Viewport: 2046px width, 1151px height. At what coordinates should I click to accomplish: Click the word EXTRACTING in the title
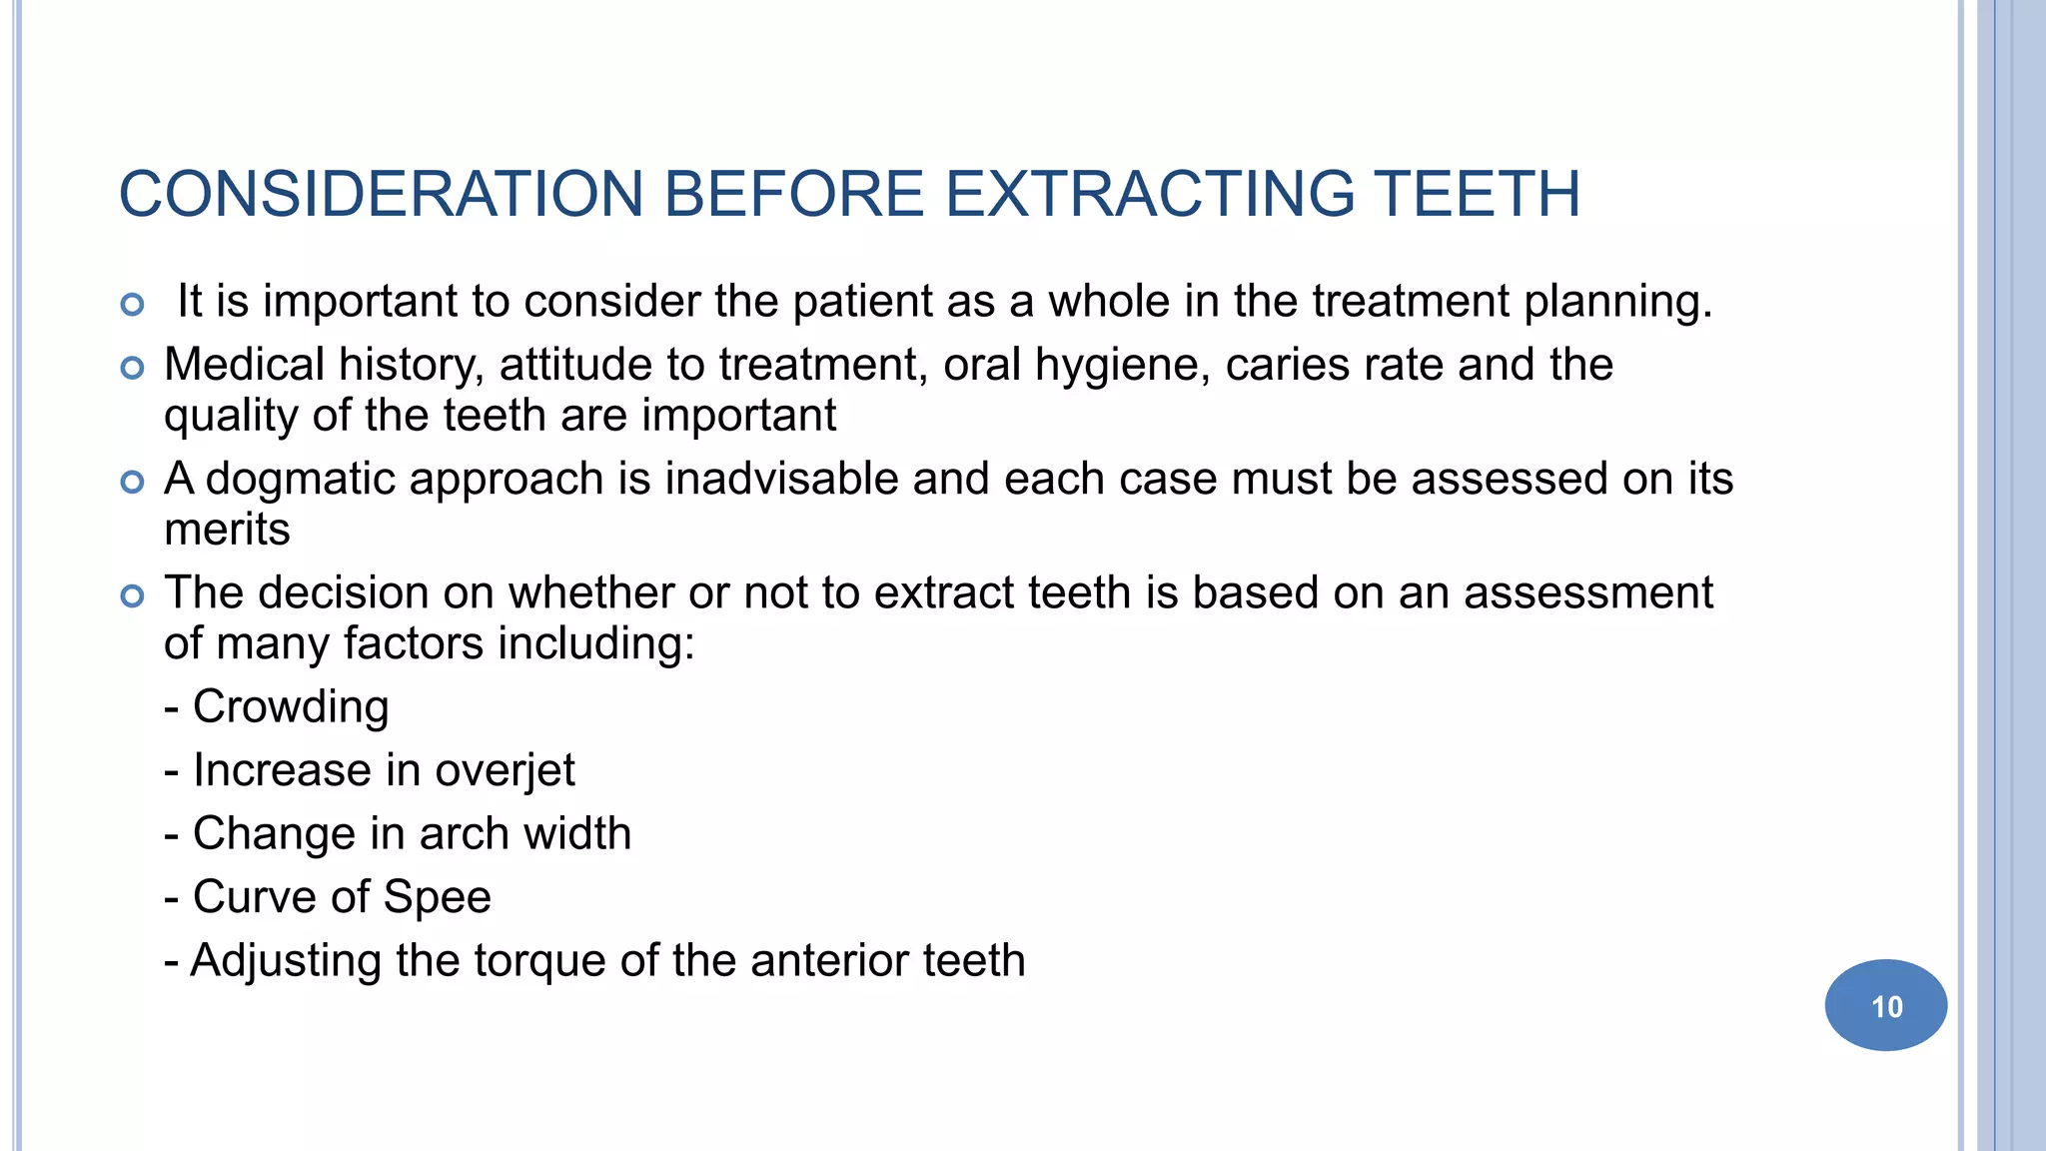click(x=1148, y=194)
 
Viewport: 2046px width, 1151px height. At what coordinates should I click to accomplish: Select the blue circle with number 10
click(x=1885, y=1005)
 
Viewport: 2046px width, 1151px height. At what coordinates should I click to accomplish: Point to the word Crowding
click(x=290, y=707)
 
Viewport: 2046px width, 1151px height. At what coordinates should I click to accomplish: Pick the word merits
click(x=227, y=530)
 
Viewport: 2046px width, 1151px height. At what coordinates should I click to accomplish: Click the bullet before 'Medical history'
click(x=132, y=369)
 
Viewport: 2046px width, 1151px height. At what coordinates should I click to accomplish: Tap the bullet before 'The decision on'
click(x=132, y=596)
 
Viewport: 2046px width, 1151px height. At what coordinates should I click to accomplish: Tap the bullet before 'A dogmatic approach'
click(x=132, y=483)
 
